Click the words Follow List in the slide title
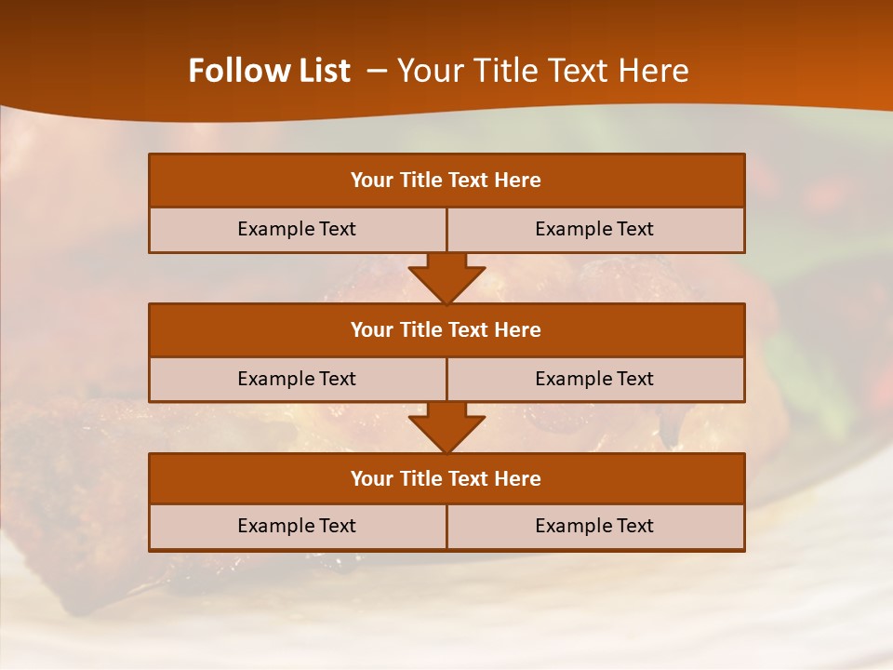tap(270, 71)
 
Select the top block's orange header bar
tap(446, 181)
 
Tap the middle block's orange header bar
tap(446, 329)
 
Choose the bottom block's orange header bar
tap(446, 478)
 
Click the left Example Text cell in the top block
tap(297, 229)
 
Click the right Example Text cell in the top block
tap(594, 229)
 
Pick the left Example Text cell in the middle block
tap(297, 379)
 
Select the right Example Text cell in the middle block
tap(594, 379)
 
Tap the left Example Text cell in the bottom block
tap(297, 526)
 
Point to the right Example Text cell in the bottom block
tap(594, 526)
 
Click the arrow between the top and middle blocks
tap(446, 279)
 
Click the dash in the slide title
tap(377, 71)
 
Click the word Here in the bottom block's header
tap(518, 478)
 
